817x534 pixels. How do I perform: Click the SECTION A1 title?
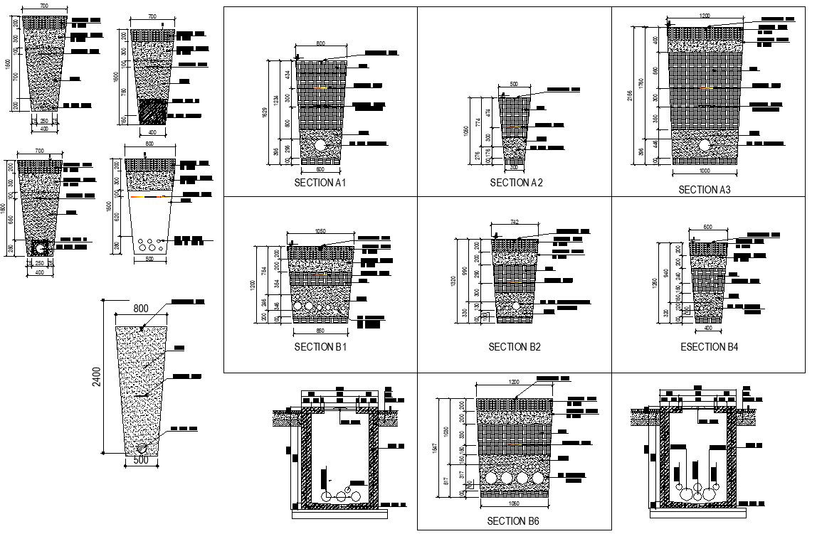tap(320, 183)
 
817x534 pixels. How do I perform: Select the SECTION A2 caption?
tap(516, 183)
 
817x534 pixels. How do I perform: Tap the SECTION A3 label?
tap(704, 190)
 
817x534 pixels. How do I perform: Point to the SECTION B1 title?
tap(320, 347)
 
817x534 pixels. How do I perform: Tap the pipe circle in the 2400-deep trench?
tap(143, 449)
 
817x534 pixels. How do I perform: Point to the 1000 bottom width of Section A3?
tap(704, 171)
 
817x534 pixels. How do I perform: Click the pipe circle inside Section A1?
tap(321, 145)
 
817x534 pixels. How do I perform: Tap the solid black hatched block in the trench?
tap(152, 112)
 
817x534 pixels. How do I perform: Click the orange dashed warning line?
tap(148, 197)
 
